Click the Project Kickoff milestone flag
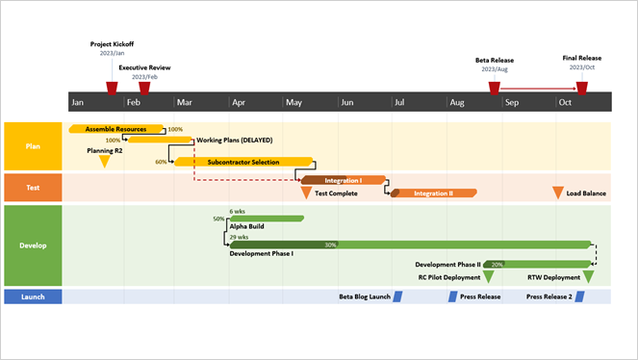coord(112,89)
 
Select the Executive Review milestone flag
coord(144,89)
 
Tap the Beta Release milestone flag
coord(494,89)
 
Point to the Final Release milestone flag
coord(581,89)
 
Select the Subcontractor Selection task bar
coord(242,162)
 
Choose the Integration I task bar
coord(343,180)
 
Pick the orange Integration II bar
coord(433,193)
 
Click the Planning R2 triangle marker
coord(105,162)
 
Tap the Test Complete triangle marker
coord(306,193)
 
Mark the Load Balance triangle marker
coord(557,193)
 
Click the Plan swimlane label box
coord(33,145)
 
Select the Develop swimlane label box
coord(33,244)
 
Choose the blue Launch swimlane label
coord(33,296)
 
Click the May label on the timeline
coord(294,102)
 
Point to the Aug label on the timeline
coord(457,102)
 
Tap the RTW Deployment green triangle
coord(588,277)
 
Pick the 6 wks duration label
coord(238,211)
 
